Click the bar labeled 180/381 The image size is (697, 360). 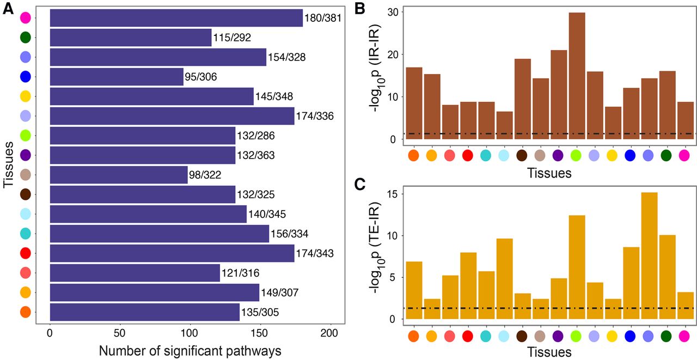pyautogui.click(x=176, y=18)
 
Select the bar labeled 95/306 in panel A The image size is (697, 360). pyautogui.click(x=117, y=77)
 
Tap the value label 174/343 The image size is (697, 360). pyautogui.click(x=318, y=253)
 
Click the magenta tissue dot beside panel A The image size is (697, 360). pyautogui.click(x=25, y=18)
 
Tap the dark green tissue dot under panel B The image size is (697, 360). pyautogui.click(x=667, y=155)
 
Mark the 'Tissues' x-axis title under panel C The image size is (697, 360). pyautogui.click(x=549, y=352)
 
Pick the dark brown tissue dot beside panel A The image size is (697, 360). pyautogui.click(x=25, y=194)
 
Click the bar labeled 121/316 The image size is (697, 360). pyautogui.click(x=134, y=273)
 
